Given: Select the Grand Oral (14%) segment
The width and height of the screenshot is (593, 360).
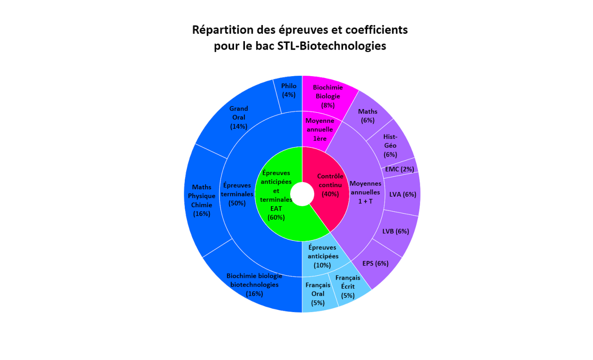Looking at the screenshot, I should (239, 117).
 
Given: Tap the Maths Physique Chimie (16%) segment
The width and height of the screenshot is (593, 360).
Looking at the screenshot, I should (202, 200).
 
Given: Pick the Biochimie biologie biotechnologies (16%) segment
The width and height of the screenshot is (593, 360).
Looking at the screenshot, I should (254, 285).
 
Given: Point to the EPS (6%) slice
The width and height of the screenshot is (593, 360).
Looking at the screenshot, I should (375, 263).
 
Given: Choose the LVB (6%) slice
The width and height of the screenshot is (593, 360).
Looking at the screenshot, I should (395, 231).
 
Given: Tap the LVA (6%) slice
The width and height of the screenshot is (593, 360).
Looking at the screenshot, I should (402, 194).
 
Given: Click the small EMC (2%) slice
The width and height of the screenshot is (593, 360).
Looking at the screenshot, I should (400, 169).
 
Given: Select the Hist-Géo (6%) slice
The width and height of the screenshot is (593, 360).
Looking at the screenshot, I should (390, 145).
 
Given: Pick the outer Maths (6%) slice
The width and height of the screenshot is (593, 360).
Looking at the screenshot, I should (368, 116).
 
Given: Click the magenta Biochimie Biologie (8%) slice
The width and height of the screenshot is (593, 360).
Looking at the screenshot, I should (328, 96).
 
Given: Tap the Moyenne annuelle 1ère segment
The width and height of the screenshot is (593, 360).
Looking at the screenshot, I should (319, 130).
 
